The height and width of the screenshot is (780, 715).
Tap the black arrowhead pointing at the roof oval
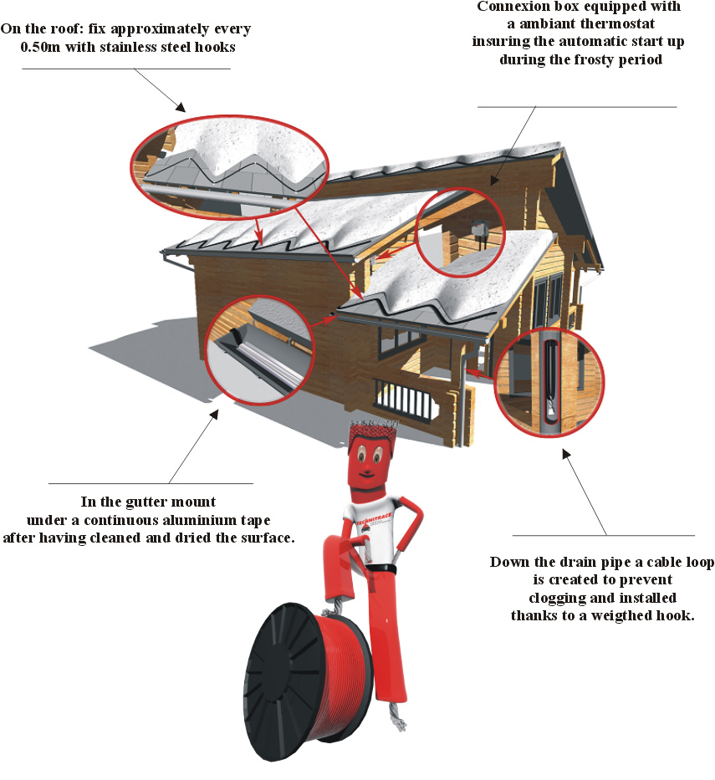coord(180,106)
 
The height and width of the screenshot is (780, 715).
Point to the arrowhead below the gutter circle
coord(217,415)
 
